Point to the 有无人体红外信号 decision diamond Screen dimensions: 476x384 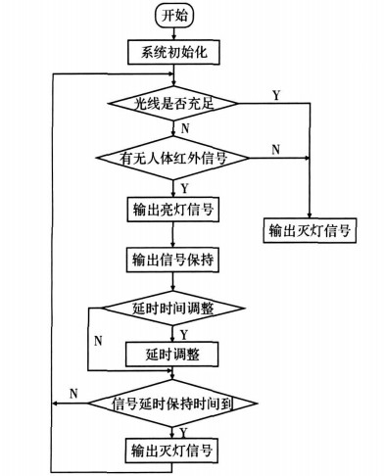(172, 156)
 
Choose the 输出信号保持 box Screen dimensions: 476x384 (172, 260)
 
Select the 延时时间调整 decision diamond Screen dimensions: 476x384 (172, 309)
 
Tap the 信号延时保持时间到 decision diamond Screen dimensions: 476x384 (172, 403)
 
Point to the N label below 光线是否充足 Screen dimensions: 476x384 (186, 127)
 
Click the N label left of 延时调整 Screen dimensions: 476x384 (98, 341)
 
